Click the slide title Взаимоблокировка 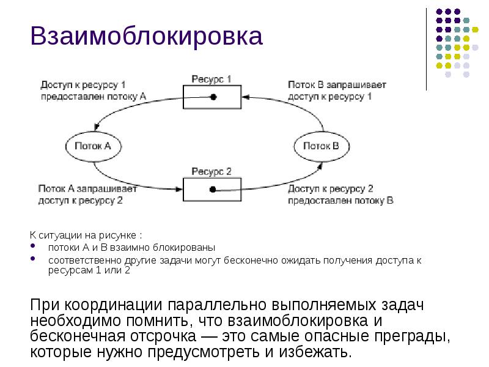tap(147, 37)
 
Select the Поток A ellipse tap(92, 146)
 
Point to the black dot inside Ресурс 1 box tap(213, 97)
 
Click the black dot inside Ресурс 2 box tap(212, 190)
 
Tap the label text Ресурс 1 tap(211, 79)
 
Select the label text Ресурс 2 tap(211, 171)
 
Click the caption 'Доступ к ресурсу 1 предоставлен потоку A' tap(93, 90)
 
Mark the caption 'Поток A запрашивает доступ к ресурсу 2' tap(88, 195)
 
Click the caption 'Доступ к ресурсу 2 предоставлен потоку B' tap(340, 195)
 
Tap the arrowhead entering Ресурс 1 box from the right tap(246, 97)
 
